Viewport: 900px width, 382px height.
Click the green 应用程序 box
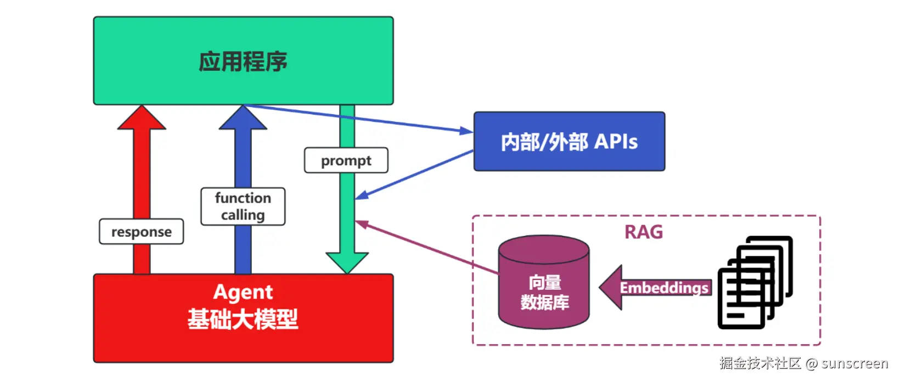coord(243,60)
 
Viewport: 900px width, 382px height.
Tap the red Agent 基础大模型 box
coord(243,318)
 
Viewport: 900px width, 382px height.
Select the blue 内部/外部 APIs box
coord(569,142)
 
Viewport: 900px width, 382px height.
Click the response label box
coord(141,232)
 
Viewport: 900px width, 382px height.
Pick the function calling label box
coord(243,206)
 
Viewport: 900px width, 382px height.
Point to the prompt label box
coord(346,160)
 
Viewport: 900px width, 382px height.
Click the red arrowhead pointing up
coord(142,118)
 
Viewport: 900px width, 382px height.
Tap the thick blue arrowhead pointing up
coord(243,118)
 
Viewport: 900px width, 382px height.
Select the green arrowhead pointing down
coord(347,262)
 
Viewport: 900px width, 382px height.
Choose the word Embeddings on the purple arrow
coord(664,288)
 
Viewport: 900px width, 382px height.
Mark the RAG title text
coord(644,232)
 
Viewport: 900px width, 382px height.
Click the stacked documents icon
coord(755,283)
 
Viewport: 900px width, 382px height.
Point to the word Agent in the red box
coord(243,292)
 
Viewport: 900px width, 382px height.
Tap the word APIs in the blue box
coord(616,142)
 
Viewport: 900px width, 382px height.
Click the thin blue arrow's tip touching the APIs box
coord(469,131)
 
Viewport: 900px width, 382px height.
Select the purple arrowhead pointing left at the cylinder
coord(610,287)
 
